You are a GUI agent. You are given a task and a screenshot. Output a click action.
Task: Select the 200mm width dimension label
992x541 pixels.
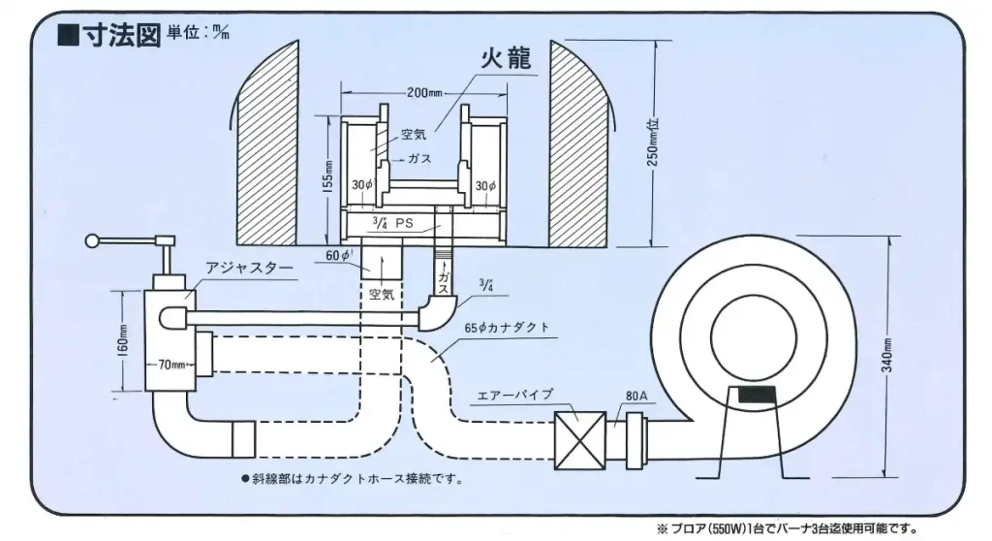coord(423,94)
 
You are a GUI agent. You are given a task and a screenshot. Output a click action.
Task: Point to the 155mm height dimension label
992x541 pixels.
coord(329,176)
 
